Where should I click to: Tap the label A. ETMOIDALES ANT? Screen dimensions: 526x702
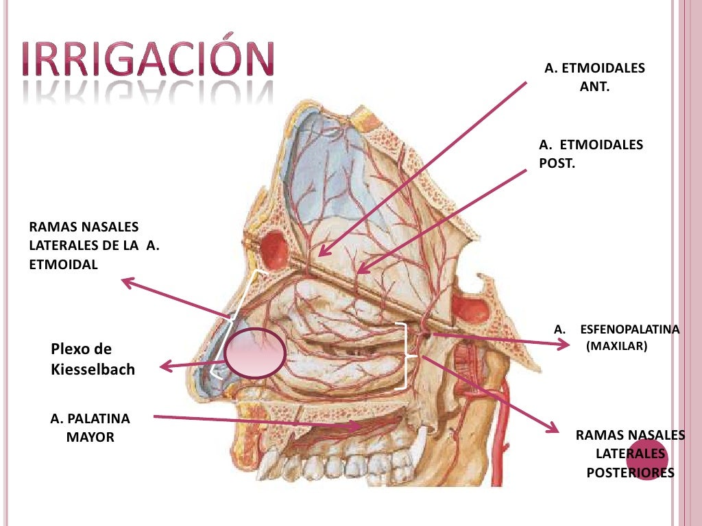tap(594, 78)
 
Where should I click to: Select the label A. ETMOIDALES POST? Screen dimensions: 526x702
tap(591, 155)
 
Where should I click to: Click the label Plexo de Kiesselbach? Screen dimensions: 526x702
tap(93, 359)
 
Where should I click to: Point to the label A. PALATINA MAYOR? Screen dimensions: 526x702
tap(90, 427)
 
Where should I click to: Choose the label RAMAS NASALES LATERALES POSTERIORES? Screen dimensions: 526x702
tap(630, 453)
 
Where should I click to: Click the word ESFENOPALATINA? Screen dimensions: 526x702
tap(629, 329)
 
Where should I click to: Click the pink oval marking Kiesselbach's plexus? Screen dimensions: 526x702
tap(255, 353)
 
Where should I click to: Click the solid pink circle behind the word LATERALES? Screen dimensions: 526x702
tap(646, 460)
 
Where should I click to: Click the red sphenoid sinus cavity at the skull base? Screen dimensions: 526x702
tap(470, 310)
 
